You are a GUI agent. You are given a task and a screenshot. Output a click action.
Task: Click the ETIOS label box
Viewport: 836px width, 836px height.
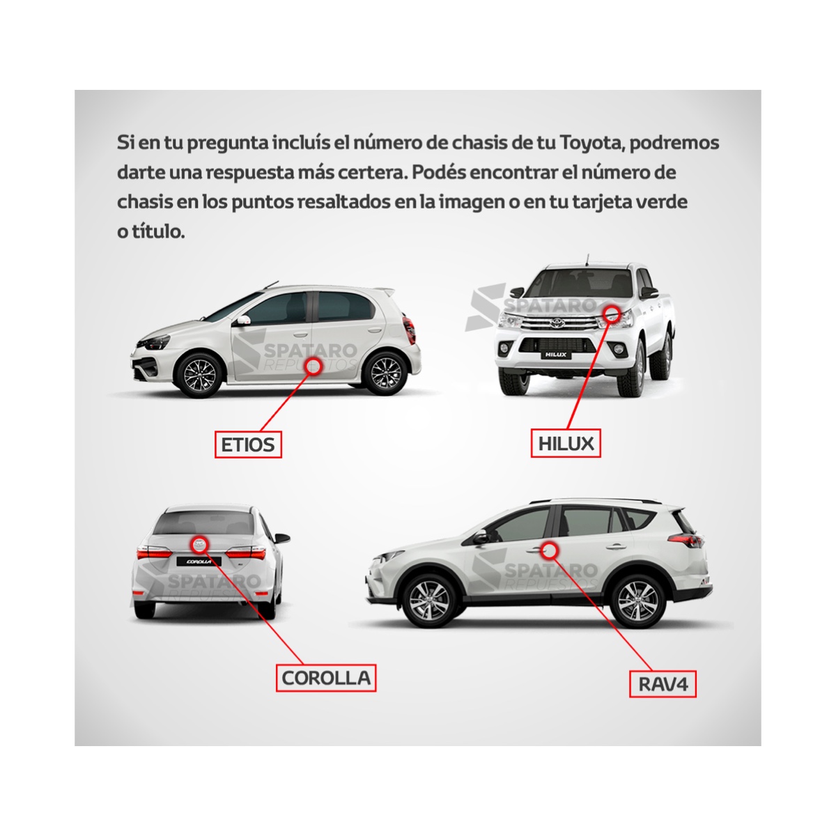click(x=248, y=444)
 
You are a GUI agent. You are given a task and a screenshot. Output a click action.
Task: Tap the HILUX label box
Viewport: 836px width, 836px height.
click(x=566, y=443)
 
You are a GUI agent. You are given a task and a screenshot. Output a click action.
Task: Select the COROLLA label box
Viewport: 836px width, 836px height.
click(x=326, y=678)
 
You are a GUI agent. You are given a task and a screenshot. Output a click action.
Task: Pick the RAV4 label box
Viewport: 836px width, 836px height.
click(x=663, y=684)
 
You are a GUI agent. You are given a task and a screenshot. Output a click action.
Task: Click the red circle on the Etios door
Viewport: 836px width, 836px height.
click(x=313, y=366)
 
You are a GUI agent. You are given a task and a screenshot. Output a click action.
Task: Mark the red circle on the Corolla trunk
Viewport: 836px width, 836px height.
click(x=201, y=545)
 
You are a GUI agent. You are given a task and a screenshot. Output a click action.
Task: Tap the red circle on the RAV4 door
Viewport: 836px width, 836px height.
click(x=549, y=550)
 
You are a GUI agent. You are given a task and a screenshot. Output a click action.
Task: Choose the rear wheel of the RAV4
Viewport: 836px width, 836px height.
click(x=637, y=600)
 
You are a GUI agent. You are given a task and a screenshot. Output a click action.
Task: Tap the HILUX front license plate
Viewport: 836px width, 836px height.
click(x=556, y=355)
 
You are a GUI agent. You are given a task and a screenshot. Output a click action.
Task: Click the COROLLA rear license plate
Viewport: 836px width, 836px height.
click(x=199, y=562)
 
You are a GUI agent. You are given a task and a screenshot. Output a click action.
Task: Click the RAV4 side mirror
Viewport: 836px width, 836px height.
click(x=480, y=539)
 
